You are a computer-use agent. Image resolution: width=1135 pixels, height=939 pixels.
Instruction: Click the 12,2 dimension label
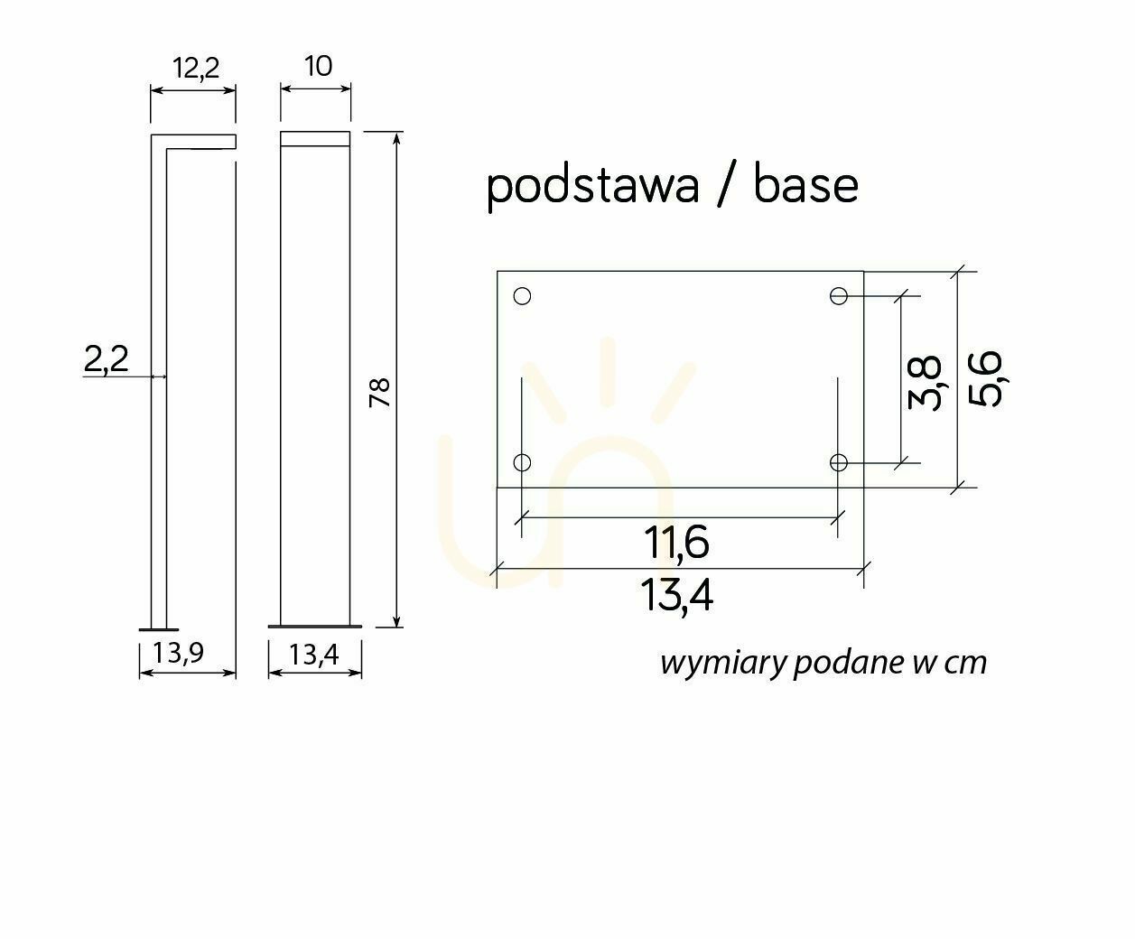(196, 69)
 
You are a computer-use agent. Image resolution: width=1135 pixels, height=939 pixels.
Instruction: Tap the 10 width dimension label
(318, 66)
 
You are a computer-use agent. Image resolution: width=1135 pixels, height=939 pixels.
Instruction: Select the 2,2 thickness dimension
(106, 359)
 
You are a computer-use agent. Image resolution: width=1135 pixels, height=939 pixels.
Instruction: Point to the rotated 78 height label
(380, 393)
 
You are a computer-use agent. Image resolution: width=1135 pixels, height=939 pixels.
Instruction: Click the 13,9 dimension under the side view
(178, 653)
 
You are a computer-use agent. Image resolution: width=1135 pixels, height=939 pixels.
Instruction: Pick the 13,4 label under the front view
(314, 655)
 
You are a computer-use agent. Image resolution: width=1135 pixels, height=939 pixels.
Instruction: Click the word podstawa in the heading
(592, 187)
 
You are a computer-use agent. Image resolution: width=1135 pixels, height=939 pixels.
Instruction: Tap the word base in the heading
(805, 185)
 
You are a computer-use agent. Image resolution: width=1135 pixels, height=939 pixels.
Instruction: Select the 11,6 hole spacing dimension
(676, 543)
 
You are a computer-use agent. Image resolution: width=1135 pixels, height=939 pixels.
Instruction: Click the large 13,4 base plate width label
(676, 596)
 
